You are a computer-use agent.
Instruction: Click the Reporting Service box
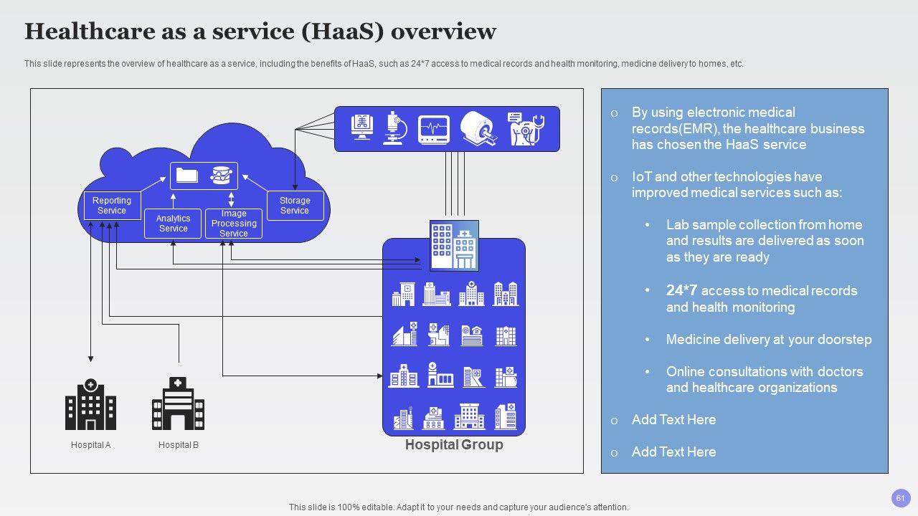[111, 206]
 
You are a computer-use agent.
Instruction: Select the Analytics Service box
[173, 223]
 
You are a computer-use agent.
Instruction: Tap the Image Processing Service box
[234, 224]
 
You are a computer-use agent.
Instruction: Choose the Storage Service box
[295, 206]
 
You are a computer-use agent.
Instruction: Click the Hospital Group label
[454, 445]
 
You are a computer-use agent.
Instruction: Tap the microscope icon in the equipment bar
[394, 128]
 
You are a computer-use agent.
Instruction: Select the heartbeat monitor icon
[434, 129]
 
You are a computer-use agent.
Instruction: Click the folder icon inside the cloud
[187, 175]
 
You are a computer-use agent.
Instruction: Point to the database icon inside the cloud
[222, 175]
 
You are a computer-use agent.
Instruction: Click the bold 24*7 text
[681, 290]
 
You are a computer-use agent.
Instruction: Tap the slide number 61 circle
[901, 498]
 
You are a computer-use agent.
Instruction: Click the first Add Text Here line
[673, 420]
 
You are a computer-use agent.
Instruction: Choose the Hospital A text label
[91, 445]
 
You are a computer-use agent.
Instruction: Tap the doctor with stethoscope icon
[524, 128]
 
